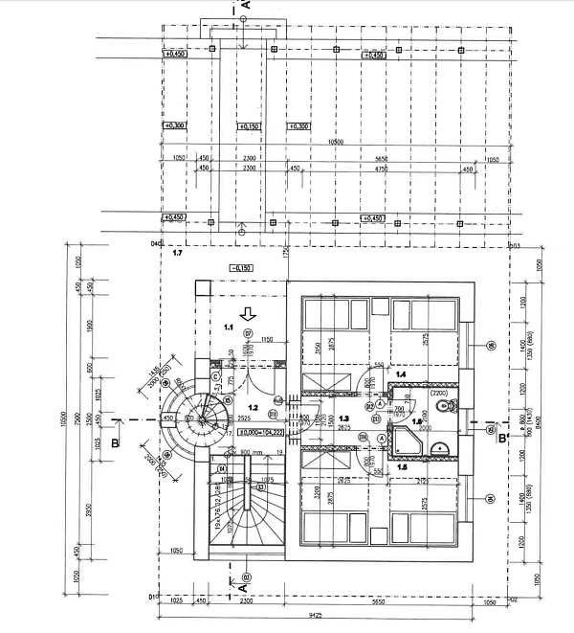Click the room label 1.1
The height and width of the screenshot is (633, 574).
(229, 328)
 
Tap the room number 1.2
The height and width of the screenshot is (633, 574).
(228, 408)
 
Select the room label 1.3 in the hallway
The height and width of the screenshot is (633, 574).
(343, 418)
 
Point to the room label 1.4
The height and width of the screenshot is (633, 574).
(402, 373)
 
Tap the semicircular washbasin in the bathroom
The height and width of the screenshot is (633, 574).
(440, 446)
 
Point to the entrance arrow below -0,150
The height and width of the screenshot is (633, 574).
(247, 312)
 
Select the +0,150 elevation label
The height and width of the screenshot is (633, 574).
(247, 126)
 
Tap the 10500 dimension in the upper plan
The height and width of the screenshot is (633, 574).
(335, 143)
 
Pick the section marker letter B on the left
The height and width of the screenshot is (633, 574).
(115, 442)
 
